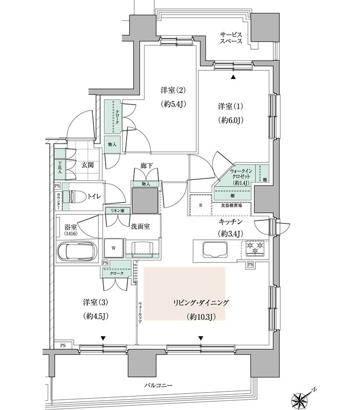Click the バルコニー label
(x=158, y=385)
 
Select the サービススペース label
(x=231, y=37)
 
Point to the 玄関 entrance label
(x=87, y=165)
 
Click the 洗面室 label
(x=139, y=227)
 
